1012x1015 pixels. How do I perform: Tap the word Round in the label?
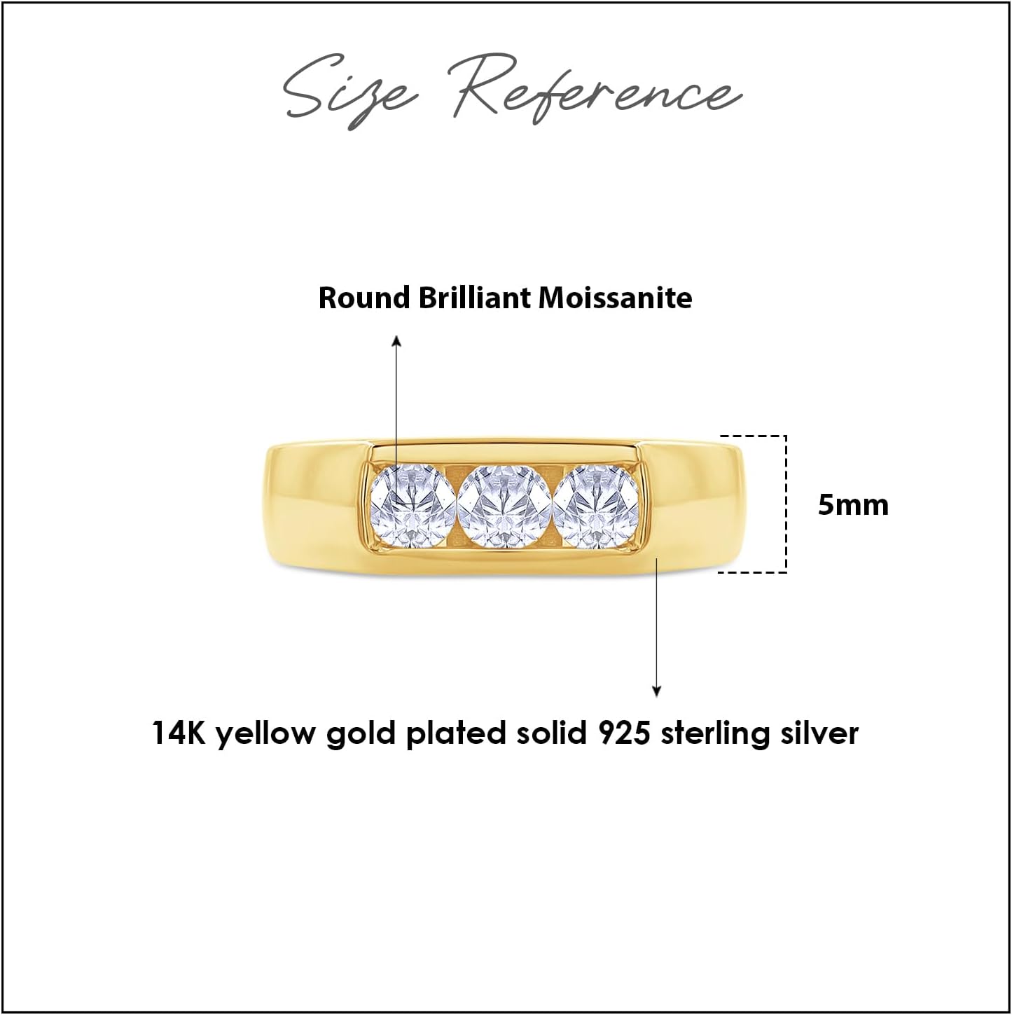click(364, 298)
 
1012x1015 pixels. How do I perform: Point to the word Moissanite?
click(615, 298)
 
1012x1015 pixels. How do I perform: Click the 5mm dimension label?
click(852, 505)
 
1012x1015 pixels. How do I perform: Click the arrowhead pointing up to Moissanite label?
click(396, 340)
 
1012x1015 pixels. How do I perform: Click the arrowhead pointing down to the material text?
click(656, 691)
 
